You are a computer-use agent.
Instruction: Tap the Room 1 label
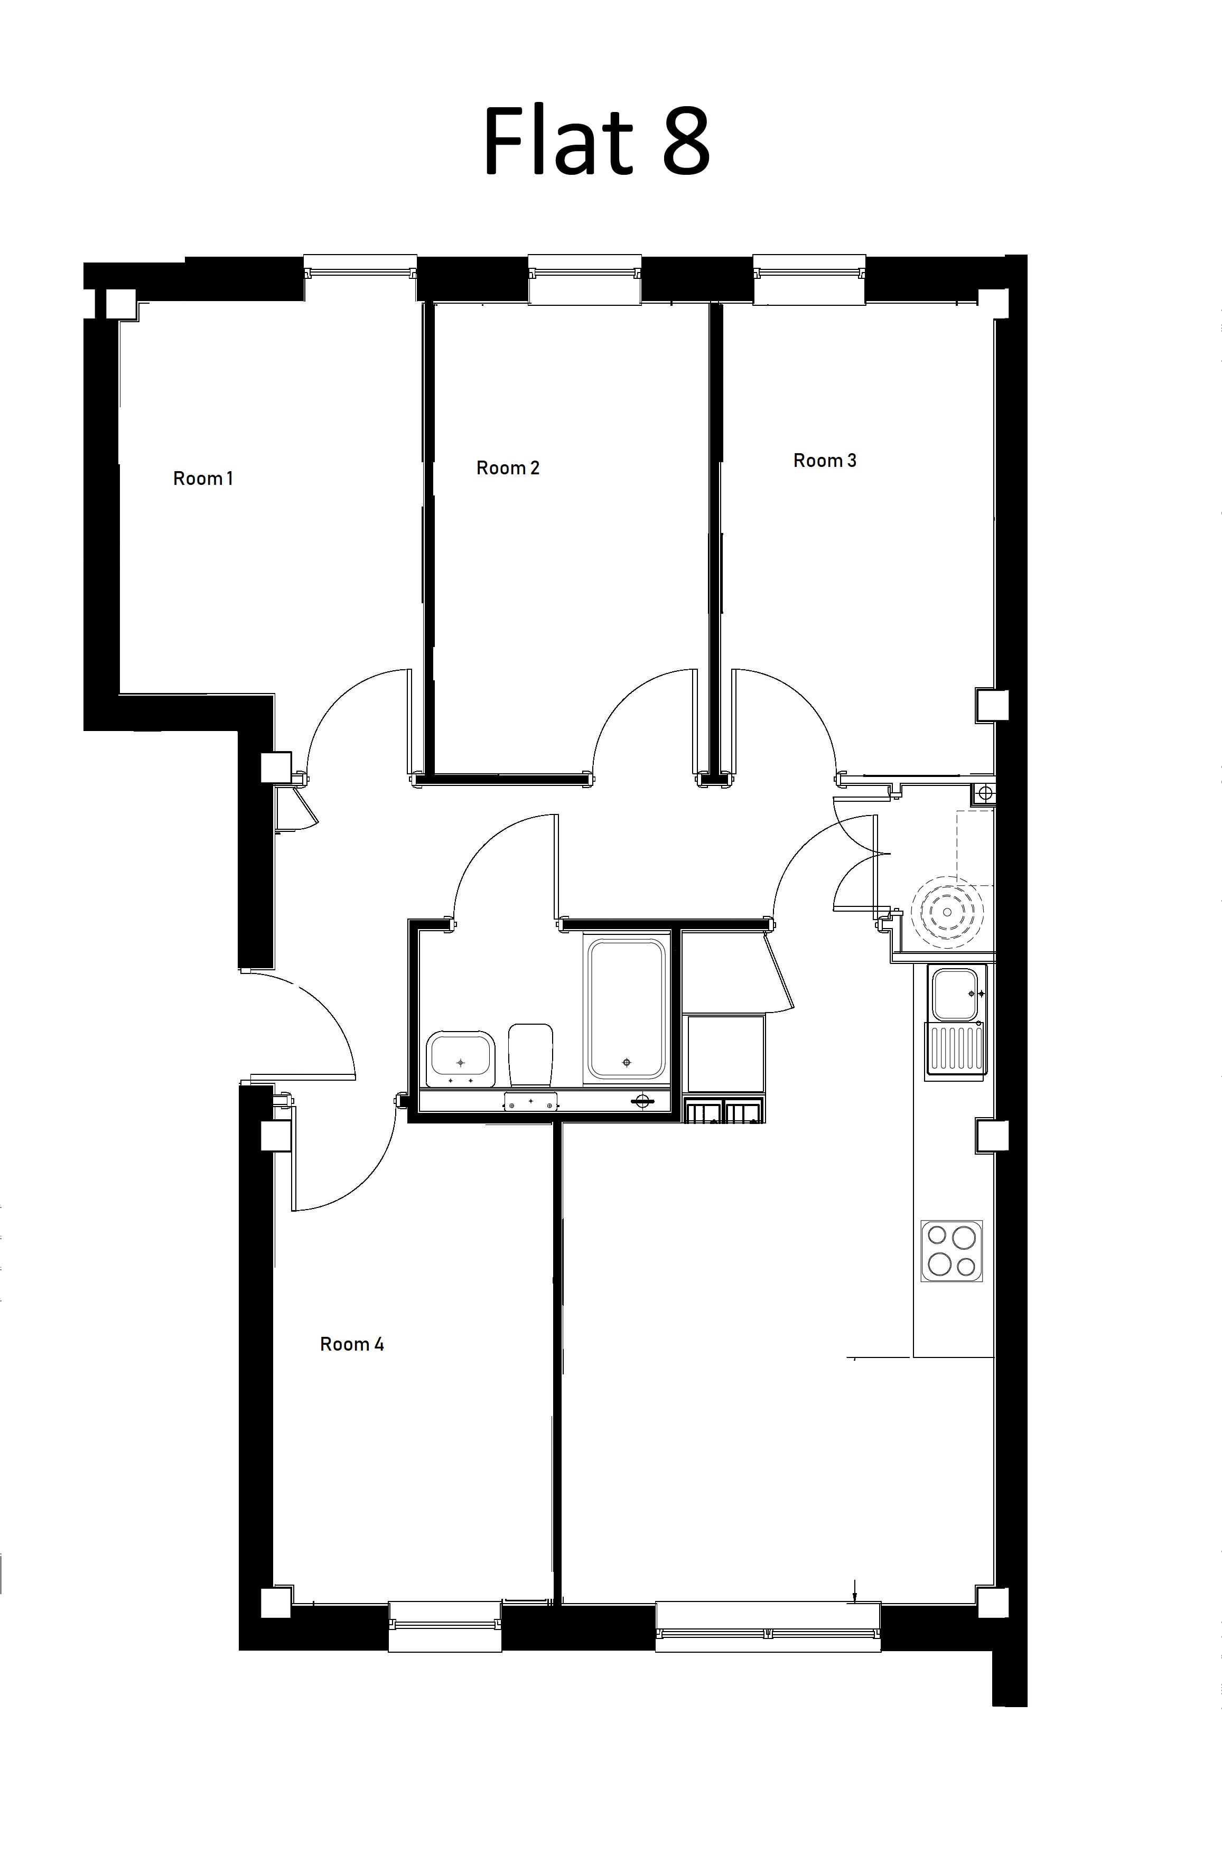point(203,477)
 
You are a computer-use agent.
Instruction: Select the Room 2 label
point(508,467)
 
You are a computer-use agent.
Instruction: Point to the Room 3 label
point(825,461)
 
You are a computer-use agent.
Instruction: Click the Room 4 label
point(352,1344)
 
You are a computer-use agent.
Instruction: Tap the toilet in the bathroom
point(530,1055)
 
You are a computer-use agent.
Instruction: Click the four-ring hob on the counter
point(952,1251)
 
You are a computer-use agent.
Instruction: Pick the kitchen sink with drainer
point(956,1022)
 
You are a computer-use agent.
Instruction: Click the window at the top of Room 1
point(360,267)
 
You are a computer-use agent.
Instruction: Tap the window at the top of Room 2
point(584,278)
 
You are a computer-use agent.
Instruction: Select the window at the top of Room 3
point(809,278)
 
